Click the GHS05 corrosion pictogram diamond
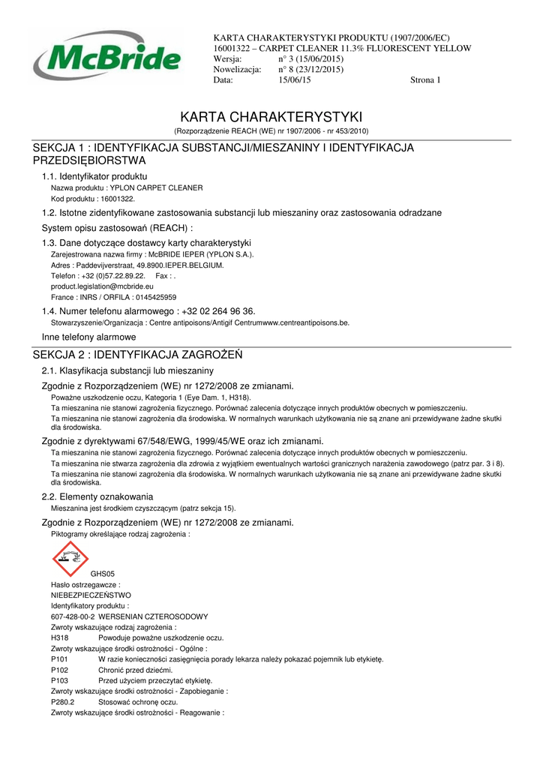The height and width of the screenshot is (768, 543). coord(70,559)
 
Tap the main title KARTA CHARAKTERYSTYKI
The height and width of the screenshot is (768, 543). coord(271,118)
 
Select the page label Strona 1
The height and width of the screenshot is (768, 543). coord(425,80)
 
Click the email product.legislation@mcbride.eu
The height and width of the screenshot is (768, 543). coord(102,286)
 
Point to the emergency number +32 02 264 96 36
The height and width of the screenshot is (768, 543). coord(218,311)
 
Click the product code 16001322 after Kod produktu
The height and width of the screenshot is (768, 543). coord(117,199)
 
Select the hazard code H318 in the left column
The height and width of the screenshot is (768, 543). coord(60,637)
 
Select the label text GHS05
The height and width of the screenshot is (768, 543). coord(103,574)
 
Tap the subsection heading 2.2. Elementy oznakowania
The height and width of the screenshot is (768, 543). coord(97,496)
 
